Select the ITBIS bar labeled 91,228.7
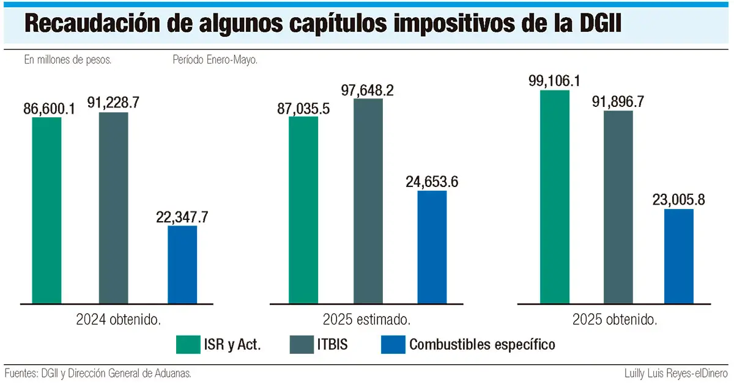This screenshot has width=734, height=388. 113,207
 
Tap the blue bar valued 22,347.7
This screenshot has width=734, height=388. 182,264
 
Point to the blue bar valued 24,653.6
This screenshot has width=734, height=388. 432,247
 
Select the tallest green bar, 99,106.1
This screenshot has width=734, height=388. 555,196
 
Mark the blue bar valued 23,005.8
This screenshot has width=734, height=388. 679,256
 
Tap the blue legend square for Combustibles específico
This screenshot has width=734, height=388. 393,344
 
